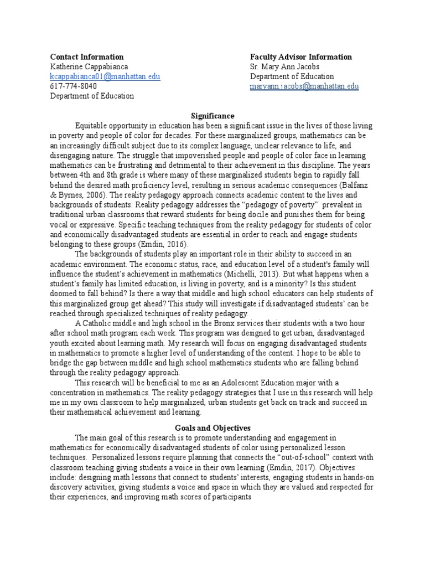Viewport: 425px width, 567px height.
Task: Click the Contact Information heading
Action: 87,57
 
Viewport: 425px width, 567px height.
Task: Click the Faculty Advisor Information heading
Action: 300,57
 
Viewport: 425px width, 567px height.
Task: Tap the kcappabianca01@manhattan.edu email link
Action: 105,76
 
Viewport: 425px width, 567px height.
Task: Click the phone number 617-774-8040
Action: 74,86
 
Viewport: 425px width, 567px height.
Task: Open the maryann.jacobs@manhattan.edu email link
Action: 304,86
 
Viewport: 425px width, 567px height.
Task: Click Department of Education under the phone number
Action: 92,96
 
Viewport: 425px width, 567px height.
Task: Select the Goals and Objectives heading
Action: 213,428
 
